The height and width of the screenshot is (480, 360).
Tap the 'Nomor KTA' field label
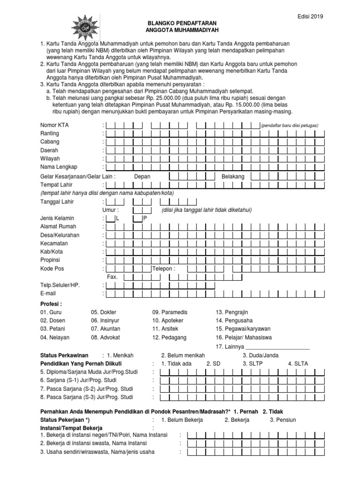54,125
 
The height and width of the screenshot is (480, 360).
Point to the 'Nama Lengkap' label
59,167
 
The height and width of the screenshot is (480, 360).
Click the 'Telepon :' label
164,269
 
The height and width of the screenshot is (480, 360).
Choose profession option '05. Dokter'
104,312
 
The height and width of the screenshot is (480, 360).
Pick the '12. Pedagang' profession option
169,337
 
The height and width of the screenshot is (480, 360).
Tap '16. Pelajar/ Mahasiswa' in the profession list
243,337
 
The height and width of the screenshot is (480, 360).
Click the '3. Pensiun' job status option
283,420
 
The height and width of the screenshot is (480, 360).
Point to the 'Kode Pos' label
52,269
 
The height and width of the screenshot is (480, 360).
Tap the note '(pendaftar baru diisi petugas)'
290,126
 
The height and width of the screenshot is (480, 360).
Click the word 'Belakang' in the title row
233,176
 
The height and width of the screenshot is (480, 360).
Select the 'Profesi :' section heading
52,304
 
